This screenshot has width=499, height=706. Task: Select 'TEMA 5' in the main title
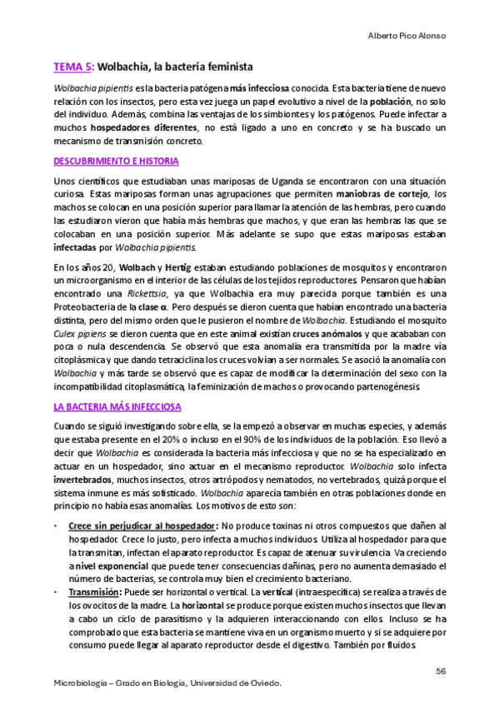tap(72, 65)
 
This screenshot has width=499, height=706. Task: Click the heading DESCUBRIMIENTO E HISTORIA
tap(116, 161)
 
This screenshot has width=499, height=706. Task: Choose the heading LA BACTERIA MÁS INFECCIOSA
tap(117, 407)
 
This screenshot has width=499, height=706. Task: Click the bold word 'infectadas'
tap(75, 247)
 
